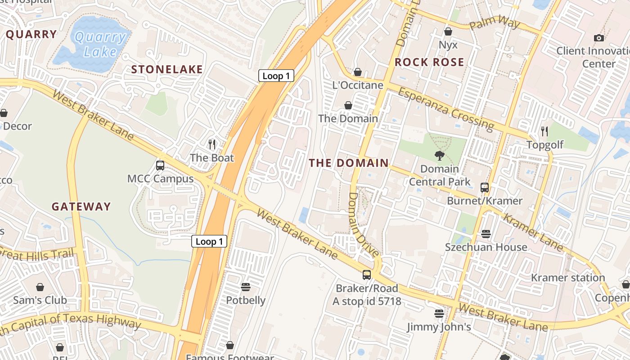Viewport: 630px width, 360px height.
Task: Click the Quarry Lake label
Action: point(100,44)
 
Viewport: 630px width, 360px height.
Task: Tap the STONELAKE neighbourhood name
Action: point(167,69)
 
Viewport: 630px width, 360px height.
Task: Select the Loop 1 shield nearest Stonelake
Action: point(276,76)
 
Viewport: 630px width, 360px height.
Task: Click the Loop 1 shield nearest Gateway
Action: point(209,241)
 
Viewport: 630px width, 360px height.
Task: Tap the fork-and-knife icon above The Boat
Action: point(212,144)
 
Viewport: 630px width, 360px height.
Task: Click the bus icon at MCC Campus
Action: point(160,165)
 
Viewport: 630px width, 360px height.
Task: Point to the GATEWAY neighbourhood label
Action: point(81,207)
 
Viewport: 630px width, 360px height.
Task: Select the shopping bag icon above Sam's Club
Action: point(40,287)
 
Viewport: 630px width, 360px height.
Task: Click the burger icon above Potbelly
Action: point(245,287)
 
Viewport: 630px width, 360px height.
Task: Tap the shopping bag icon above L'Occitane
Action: point(358,72)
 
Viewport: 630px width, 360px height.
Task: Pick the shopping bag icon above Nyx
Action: point(448,31)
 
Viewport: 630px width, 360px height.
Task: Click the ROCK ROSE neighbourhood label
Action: point(429,62)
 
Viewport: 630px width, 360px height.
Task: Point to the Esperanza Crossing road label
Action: point(445,108)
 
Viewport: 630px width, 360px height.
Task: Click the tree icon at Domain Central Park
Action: point(439,156)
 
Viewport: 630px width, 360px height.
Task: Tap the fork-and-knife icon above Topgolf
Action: point(544,131)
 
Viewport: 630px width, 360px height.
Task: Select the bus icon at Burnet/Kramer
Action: point(484,187)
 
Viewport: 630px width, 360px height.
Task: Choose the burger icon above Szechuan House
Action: point(486,234)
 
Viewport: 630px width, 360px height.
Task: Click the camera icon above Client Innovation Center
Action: point(598,37)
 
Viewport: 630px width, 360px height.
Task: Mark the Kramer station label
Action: point(568,278)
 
